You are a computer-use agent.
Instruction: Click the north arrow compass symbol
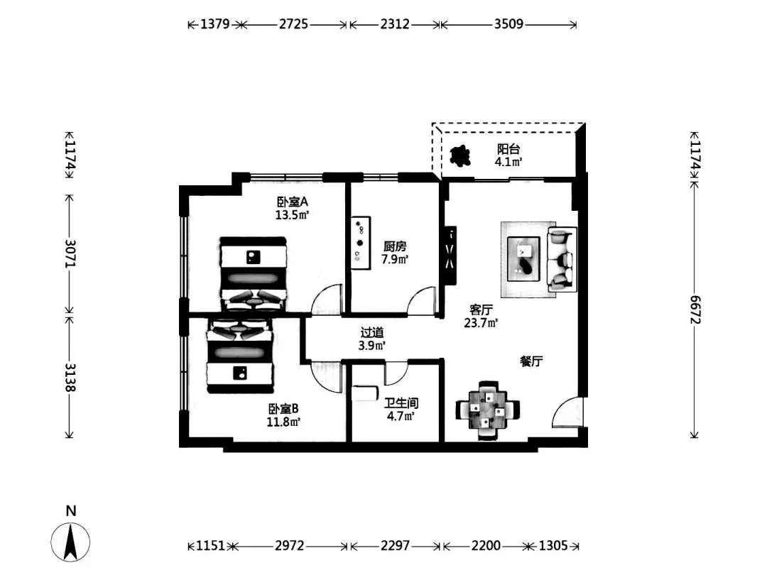pyautogui.click(x=70, y=541)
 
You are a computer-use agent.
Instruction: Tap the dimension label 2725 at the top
pyautogui.click(x=293, y=24)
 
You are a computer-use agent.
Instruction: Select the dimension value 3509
pyautogui.click(x=508, y=24)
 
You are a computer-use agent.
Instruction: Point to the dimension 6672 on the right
pyautogui.click(x=695, y=310)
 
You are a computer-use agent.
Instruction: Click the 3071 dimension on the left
pyautogui.click(x=70, y=253)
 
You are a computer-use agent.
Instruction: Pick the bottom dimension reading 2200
pyautogui.click(x=486, y=545)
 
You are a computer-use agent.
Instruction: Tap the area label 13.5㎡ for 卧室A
pyautogui.click(x=292, y=214)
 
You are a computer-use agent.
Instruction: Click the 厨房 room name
pyautogui.click(x=395, y=246)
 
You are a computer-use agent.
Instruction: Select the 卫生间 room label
pyautogui.click(x=401, y=403)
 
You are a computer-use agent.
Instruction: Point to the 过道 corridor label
pyautogui.click(x=371, y=332)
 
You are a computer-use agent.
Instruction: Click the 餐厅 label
pyautogui.click(x=531, y=361)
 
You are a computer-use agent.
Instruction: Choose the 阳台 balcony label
pyautogui.click(x=508, y=148)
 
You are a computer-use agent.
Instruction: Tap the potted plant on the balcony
pyautogui.click(x=459, y=157)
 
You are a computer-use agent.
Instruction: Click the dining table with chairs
pyautogui.click(x=487, y=410)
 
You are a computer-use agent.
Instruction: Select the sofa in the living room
pyautogui.click(x=562, y=258)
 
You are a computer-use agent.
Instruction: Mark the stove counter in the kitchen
pyautogui.click(x=361, y=243)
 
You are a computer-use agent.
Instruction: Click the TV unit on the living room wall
pyautogui.click(x=450, y=255)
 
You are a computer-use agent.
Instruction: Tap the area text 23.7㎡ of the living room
pyautogui.click(x=481, y=323)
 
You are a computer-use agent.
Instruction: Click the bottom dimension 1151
pyautogui.click(x=210, y=545)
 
